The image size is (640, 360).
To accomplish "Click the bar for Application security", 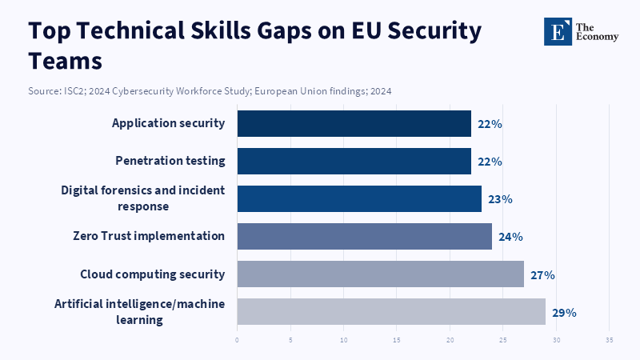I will [354, 124].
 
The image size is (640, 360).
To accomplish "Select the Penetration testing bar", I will [354, 161].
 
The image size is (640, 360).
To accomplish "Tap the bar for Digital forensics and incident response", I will [359, 198].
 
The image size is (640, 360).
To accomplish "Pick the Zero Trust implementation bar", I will [365, 236].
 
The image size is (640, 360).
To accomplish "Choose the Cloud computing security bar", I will [381, 274].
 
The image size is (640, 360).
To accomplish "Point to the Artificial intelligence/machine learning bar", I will [391, 311].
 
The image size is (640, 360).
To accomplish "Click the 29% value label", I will [564, 312].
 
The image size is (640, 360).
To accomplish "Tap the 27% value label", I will [542, 274].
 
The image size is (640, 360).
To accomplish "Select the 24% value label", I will [510, 237].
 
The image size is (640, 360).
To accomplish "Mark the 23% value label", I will [500, 199].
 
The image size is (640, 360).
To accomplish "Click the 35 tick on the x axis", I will [610, 339].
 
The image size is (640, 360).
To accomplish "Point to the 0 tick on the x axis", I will [238, 339].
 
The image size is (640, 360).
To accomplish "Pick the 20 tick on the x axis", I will [450, 339].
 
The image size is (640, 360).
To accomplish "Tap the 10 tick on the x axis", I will [344, 339].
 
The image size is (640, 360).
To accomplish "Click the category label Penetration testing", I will [170, 161].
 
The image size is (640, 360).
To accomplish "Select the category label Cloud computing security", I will [153, 274].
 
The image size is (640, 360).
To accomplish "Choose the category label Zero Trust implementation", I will [149, 236].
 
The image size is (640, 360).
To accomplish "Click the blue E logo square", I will [558, 31].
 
